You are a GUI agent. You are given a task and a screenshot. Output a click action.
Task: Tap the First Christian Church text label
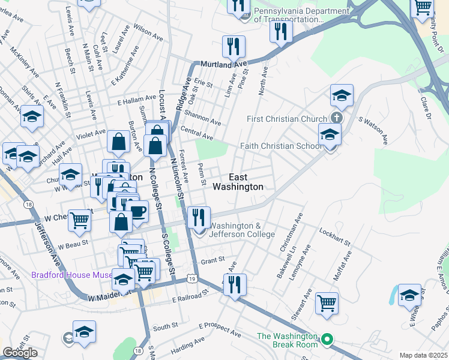pos(286,119)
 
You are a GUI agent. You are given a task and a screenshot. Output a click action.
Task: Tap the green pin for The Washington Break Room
pos(327,340)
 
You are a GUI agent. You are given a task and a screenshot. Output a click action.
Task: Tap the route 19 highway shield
pos(191,278)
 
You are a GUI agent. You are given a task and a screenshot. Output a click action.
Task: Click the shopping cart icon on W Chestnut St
pos(79,220)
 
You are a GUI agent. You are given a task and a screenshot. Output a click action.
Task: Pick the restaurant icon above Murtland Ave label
pos(232,46)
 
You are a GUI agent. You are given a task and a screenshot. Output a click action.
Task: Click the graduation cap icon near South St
pos(85,332)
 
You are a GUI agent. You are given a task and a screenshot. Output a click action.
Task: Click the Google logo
pos(20,353)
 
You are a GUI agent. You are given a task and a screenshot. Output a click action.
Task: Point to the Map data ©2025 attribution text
pos(423,355)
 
